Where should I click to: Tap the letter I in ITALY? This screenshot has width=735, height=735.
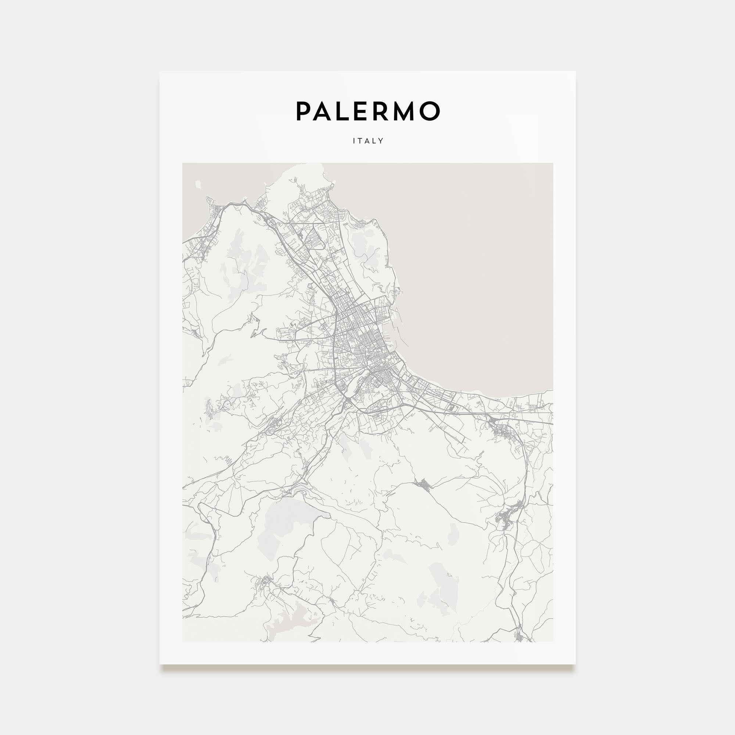(x=354, y=141)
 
